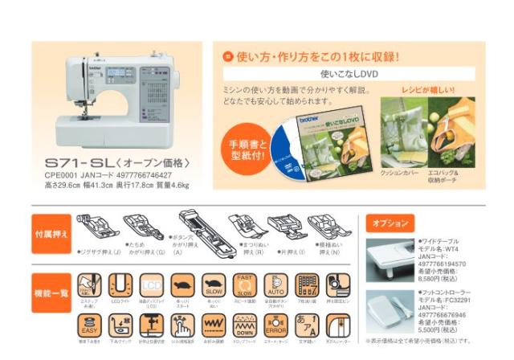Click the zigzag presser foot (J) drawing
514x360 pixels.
95,228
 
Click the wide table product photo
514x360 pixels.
390,259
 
